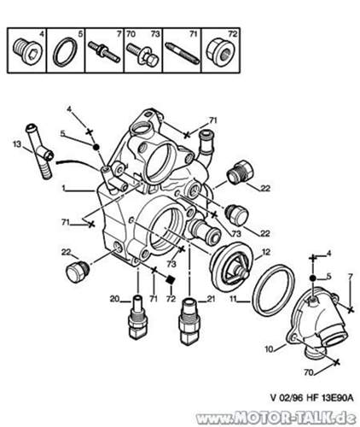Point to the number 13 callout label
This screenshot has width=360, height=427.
point(15,146)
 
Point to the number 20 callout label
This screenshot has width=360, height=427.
point(113,298)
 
